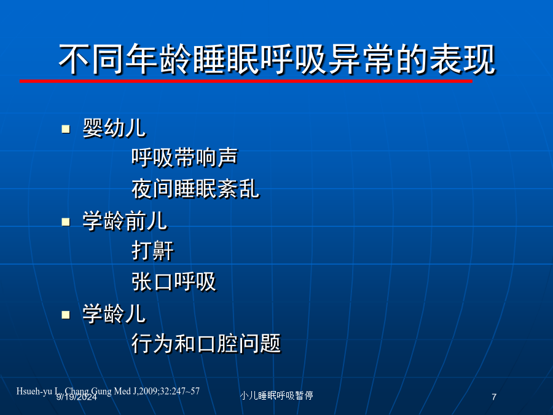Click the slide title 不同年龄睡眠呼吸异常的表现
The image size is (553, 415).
pos(277,59)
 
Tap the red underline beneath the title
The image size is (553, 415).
pos(246,81)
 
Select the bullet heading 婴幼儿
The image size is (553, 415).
pos(114,128)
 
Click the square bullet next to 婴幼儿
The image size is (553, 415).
pos(66,129)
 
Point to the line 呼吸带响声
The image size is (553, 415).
pos(185,157)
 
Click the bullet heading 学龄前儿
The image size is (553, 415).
pos(125,221)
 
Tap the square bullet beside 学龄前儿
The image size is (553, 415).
pos(66,221)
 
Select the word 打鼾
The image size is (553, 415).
pos(153,251)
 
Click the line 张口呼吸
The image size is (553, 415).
pos(174,282)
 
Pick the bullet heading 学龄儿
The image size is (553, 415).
pos(114,314)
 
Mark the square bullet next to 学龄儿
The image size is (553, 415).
pos(66,314)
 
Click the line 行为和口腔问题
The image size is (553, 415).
pos(206,343)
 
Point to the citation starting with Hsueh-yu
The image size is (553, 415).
pos(108,391)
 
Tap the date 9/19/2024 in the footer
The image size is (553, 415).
pos(77,397)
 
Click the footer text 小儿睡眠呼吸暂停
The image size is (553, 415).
pos(276,395)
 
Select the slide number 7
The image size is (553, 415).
pos(494,397)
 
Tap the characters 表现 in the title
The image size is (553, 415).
pos(463,59)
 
